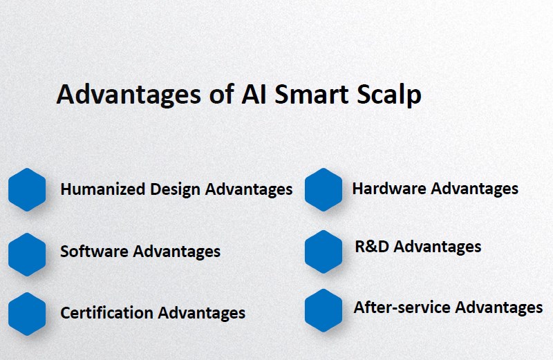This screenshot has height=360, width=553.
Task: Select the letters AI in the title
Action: coord(254,94)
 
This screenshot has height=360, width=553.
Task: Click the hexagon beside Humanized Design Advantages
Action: coord(27,189)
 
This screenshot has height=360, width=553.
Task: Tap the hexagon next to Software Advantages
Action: coord(27,254)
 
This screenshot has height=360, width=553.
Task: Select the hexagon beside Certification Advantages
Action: coord(27,313)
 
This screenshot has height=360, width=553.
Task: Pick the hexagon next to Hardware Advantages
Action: coord(324,189)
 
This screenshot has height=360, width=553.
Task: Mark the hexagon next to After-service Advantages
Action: coord(324,310)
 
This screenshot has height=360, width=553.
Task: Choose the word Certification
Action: coord(107,312)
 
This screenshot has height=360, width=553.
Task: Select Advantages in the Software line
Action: coord(177,252)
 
